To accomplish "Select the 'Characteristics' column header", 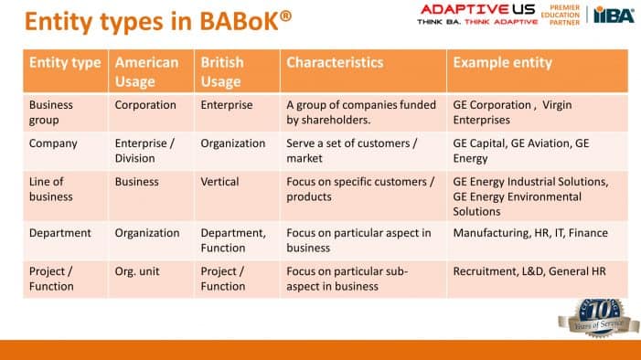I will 335,63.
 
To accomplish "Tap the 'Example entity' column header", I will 502,63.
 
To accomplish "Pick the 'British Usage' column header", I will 223,72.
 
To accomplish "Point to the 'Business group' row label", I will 51,112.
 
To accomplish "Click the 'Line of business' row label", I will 51,189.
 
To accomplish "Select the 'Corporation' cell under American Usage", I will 145,105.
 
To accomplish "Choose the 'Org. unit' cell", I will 138,271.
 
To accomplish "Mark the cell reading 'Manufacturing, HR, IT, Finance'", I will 530,233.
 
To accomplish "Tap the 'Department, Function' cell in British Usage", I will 233,240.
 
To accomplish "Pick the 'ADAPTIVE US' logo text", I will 465,11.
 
